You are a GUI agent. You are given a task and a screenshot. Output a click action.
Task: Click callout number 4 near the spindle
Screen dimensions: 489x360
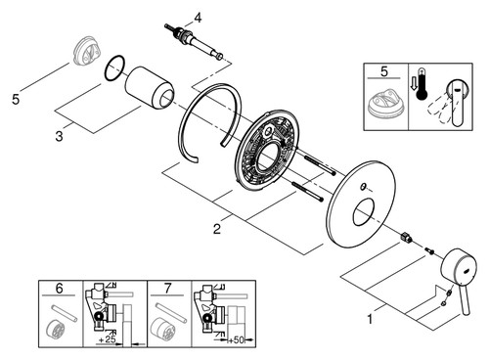(x=198, y=18)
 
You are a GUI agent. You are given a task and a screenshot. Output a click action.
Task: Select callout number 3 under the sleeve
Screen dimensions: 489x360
(x=59, y=136)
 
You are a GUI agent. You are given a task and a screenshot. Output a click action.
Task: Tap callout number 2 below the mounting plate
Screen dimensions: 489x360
(x=217, y=229)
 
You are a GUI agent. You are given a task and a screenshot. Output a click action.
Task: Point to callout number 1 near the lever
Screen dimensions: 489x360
(x=370, y=319)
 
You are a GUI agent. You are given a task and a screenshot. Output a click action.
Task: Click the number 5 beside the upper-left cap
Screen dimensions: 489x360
(x=16, y=99)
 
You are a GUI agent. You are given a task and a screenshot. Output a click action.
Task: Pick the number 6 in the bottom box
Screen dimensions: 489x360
(x=59, y=289)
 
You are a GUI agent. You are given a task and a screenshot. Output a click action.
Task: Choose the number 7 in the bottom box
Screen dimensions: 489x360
(x=167, y=289)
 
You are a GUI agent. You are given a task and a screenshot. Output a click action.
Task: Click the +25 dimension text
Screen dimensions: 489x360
(x=107, y=339)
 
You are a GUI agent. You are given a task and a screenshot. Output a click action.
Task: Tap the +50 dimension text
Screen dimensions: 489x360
(x=236, y=340)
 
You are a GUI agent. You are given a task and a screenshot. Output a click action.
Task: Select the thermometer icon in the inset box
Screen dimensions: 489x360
(x=422, y=84)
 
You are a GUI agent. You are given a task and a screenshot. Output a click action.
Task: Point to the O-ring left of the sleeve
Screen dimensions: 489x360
(x=114, y=67)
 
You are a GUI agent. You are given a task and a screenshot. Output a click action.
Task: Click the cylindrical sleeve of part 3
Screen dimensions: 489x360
(x=150, y=88)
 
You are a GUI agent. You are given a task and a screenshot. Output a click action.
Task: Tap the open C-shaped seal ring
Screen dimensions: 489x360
(x=180, y=130)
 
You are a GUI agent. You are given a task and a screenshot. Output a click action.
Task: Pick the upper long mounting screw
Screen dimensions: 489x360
(x=320, y=166)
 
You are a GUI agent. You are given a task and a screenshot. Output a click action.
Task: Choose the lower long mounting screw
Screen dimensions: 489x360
(x=308, y=192)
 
